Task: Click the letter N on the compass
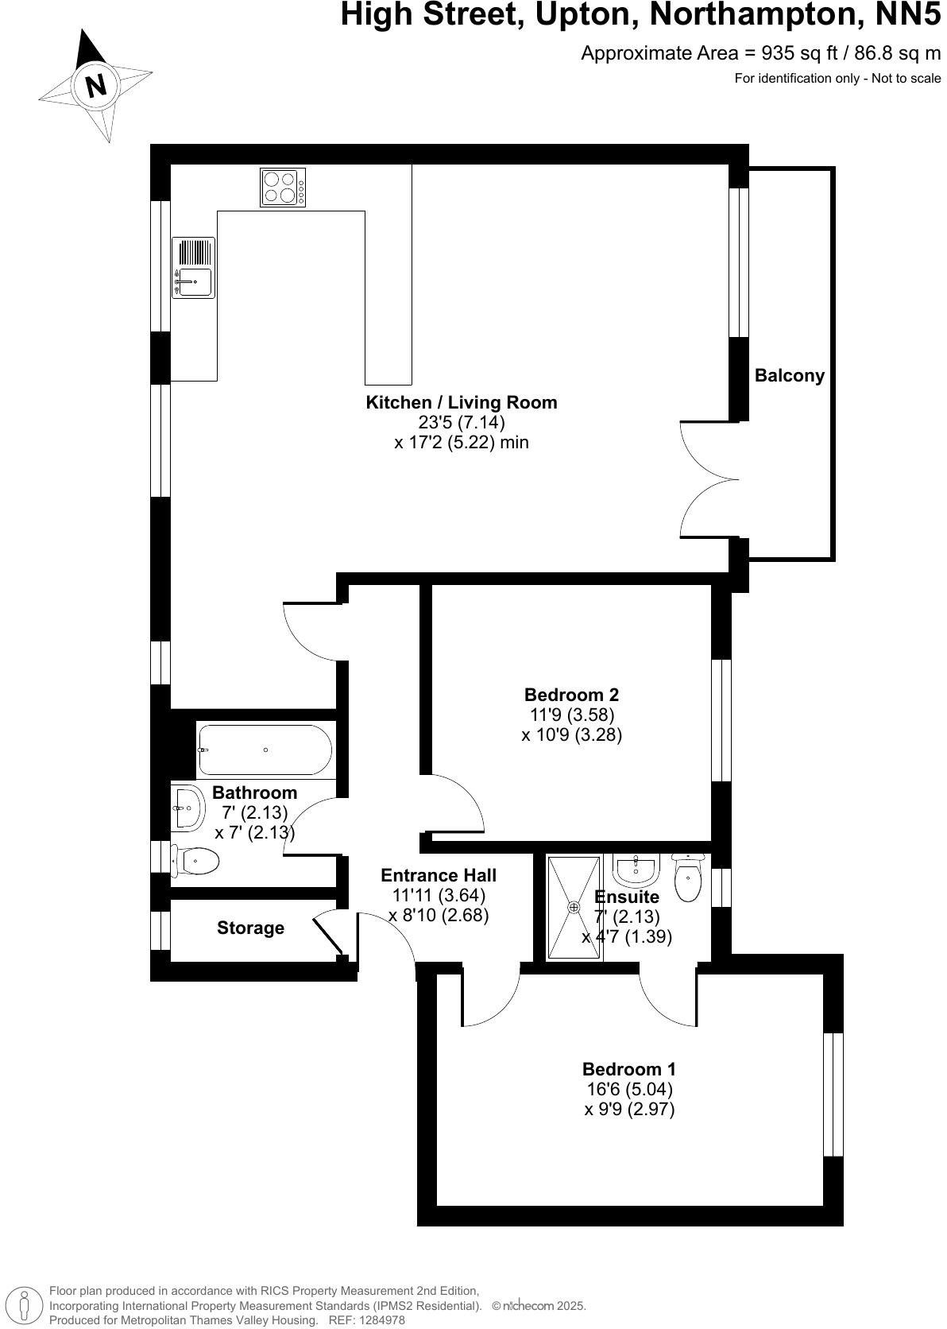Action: pyautogui.click(x=96, y=84)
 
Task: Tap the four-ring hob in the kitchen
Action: pyautogui.click(x=283, y=188)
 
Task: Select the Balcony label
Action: pyautogui.click(x=789, y=376)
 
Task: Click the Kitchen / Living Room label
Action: pyautogui.click(x=461, y=403)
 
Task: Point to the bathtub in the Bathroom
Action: pyautogui.click(x=265, y=750)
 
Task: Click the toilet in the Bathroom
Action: pyautogui.click(x=196, y=861)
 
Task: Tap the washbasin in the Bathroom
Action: pyautogui.click(x=187, y=808)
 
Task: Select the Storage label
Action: pyautogui.click(x=250, y=928)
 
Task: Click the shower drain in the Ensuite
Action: pyautogui.click(x=574, y=906)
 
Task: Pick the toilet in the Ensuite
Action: pyautogui.click(x=687, y=878)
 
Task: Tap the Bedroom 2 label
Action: pyautogui.click(x=571, y=695)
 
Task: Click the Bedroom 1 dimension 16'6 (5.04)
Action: pyautogui.click(x=629, y=1089)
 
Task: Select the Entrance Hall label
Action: pyautogui.click(x=439, y=875)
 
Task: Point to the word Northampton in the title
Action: pyautogui.click(x=746, y=15)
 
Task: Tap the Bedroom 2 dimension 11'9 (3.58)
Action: pyautogui.click(x=571, y=715)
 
